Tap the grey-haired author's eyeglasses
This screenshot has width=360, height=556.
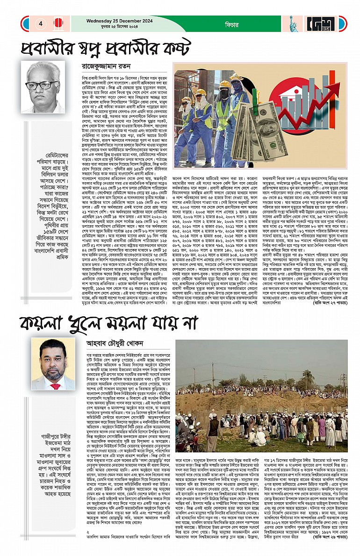pos(42,86)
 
